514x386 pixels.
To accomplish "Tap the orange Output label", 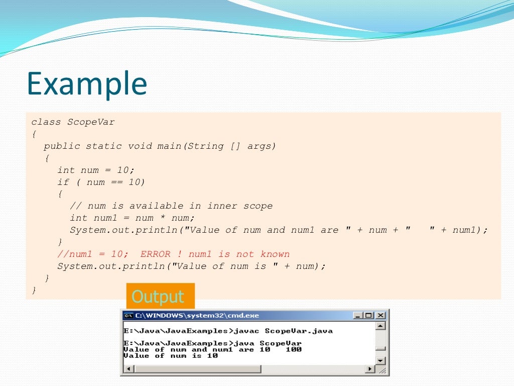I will pos(158,297).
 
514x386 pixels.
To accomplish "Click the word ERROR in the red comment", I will pos(155,254).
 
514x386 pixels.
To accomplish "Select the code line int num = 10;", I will pos(96,170).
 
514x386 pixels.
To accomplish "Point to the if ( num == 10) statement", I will pos(101,182).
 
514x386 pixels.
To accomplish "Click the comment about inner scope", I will pos(171,206).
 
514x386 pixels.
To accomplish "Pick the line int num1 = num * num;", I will pos(132,218).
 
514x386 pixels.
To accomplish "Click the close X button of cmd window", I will pos(380,316).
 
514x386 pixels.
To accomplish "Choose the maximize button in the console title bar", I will pos(369,316).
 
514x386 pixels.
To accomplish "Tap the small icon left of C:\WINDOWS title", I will pos(128,316).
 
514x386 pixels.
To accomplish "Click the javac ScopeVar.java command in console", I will pos(284,331).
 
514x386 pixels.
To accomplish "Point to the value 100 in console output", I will pos(294,349).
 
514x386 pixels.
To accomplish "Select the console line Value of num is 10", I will pos(171,355).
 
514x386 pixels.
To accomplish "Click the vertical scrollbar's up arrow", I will pos(380,326).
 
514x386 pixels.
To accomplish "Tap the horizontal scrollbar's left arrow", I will pos(128,369).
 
